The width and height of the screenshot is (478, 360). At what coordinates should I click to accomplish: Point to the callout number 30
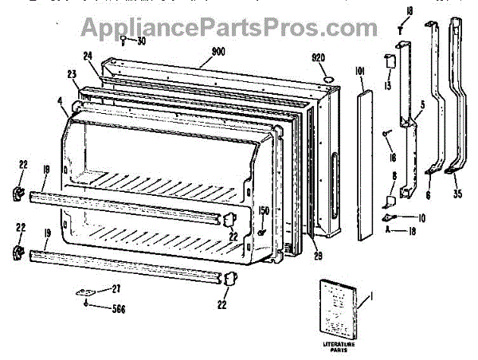pyautogui.click(x=141, y=41)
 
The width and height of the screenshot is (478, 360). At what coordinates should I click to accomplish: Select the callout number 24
pyautogui.click(x=87, y=57)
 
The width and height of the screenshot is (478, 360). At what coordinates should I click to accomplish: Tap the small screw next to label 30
pyautogui.click(x=126, y=38)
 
